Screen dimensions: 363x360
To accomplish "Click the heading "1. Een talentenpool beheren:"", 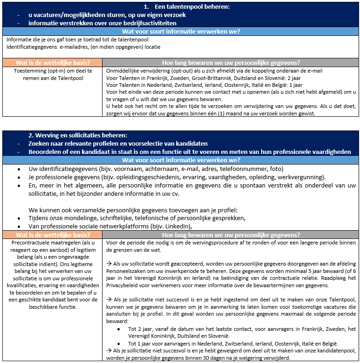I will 186,7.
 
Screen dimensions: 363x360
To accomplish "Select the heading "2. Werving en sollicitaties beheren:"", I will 78,136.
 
